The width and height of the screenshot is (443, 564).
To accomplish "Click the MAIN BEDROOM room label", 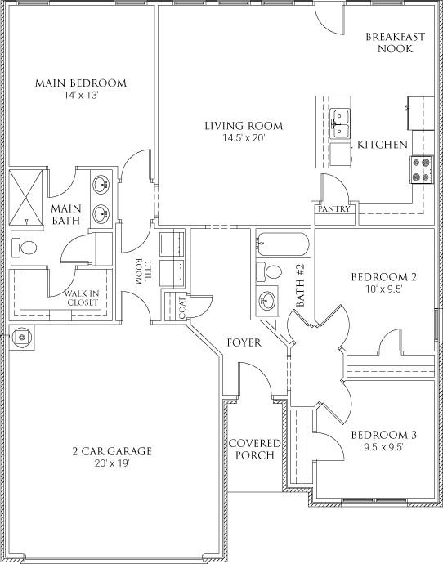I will (80, 83).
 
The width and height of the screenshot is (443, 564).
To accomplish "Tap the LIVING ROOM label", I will (244, 126).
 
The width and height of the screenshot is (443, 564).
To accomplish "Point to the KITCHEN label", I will (383, 145).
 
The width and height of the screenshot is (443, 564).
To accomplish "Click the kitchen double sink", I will (341, 124).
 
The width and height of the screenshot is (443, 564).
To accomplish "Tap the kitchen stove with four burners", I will (421, 169).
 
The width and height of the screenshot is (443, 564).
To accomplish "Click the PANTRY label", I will (335, 209).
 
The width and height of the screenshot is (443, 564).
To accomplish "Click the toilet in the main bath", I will (24, 247).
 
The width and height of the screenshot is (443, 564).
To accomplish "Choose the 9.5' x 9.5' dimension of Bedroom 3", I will (378, 447).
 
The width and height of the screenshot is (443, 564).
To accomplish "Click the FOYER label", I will (244, 342).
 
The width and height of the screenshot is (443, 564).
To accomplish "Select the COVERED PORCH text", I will (255, 449).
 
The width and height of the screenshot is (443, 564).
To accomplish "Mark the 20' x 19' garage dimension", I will (113, 463).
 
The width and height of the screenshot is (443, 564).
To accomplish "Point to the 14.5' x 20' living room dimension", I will (244, 138).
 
